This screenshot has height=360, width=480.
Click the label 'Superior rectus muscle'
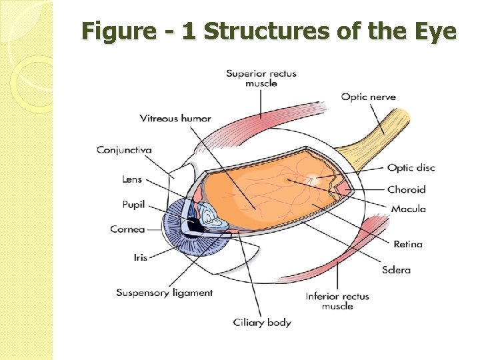[261, 78]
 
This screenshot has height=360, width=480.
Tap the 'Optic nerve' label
[368, 97]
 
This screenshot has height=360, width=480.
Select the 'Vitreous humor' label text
[175, 119]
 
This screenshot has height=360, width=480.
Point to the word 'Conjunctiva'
[124, 149]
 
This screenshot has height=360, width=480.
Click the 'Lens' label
[132, 179]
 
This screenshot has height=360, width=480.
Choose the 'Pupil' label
[133, 204]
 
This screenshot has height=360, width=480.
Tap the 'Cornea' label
[127, 229]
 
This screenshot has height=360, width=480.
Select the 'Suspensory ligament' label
[164, 293]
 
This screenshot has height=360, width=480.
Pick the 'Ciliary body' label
[262, 323]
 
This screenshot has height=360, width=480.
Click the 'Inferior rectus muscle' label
[337, 301]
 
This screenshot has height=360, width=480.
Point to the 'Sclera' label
[396, 270]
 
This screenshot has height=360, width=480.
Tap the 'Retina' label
[407, 244]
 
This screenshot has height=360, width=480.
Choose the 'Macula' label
[408, 209]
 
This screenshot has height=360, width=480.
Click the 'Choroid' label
[406, 189]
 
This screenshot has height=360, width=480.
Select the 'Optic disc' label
[411, 168]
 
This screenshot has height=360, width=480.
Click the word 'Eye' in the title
[434, 31]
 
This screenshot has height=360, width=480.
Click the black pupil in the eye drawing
[195, 225]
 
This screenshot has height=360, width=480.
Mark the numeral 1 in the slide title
[189, 31]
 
